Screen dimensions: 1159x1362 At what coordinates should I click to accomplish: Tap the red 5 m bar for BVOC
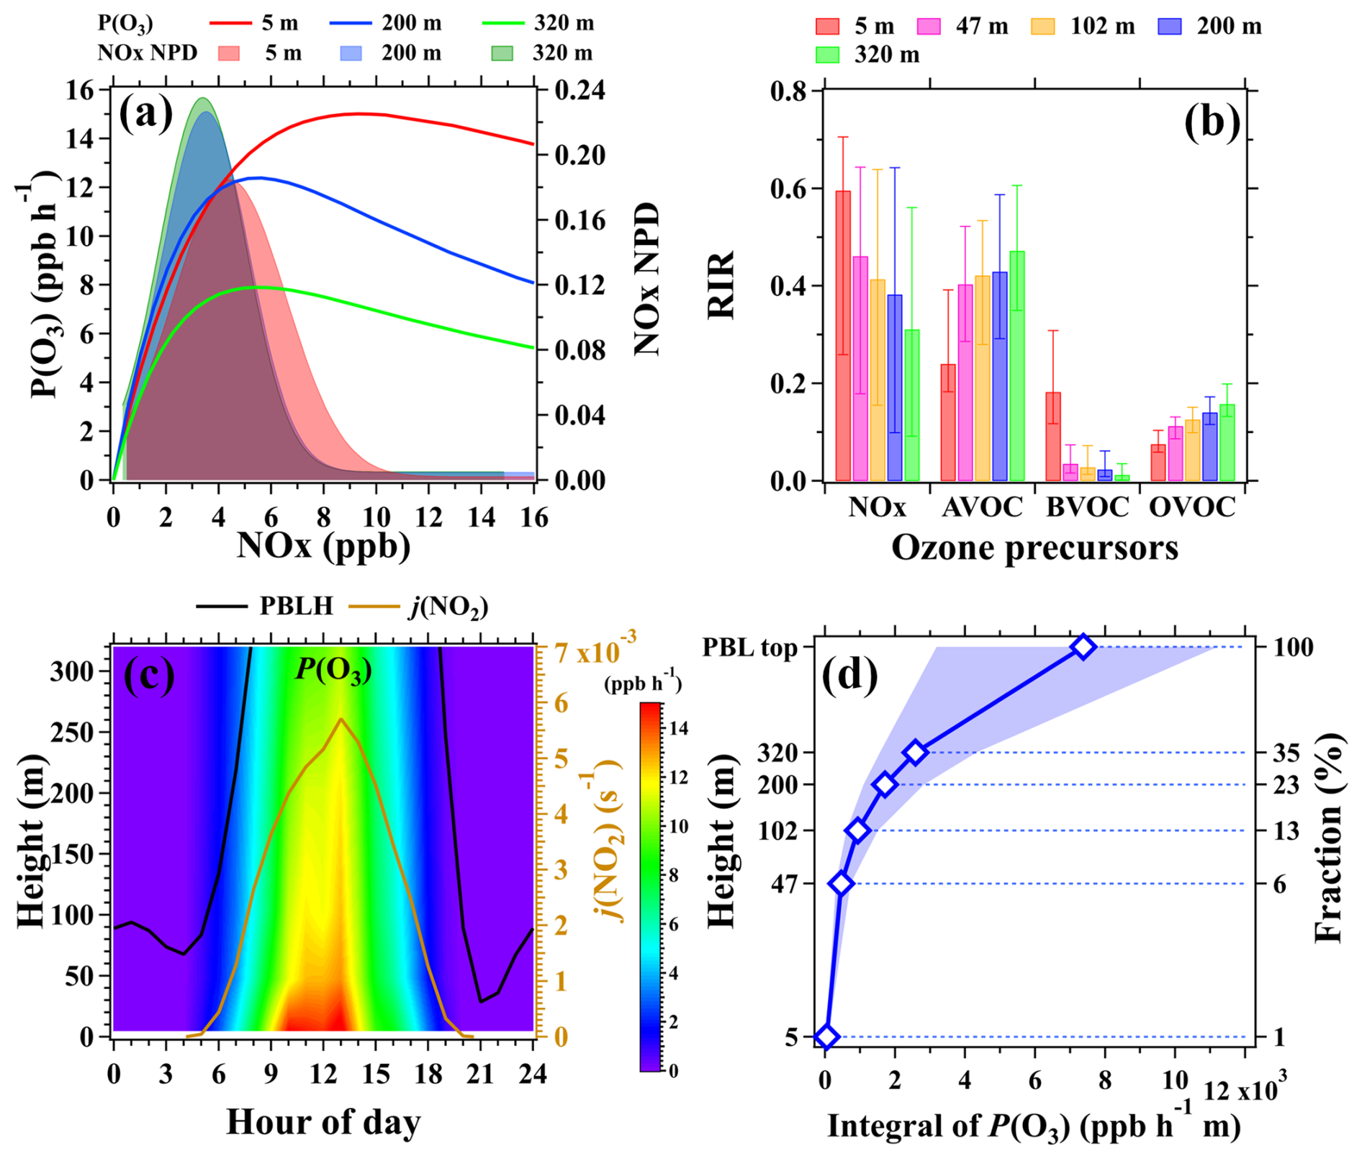coord(1052,437)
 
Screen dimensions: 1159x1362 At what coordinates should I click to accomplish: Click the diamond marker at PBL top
coord(1083,647)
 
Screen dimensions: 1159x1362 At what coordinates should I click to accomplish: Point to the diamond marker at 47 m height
coord(841,883)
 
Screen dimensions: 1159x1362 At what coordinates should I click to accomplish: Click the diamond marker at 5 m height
coord(826,1037)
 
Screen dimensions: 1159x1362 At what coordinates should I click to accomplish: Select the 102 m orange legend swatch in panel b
coord(1042,27)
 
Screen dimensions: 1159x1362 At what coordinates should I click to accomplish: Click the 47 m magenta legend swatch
coord(929,27)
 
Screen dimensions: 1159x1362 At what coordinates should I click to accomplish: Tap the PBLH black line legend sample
coord(221,607)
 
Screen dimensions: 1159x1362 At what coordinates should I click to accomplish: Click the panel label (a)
coord(146,113)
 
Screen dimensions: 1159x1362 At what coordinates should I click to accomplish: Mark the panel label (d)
coord(849,675)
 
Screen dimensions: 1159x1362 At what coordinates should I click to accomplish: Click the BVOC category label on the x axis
coord(1087,507)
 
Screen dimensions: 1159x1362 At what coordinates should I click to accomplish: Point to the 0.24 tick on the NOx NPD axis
coord(579,91)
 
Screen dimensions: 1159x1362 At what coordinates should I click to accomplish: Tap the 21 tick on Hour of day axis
coord(481,1074)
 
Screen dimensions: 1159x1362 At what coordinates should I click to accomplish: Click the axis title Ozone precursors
coord(1034,547)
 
